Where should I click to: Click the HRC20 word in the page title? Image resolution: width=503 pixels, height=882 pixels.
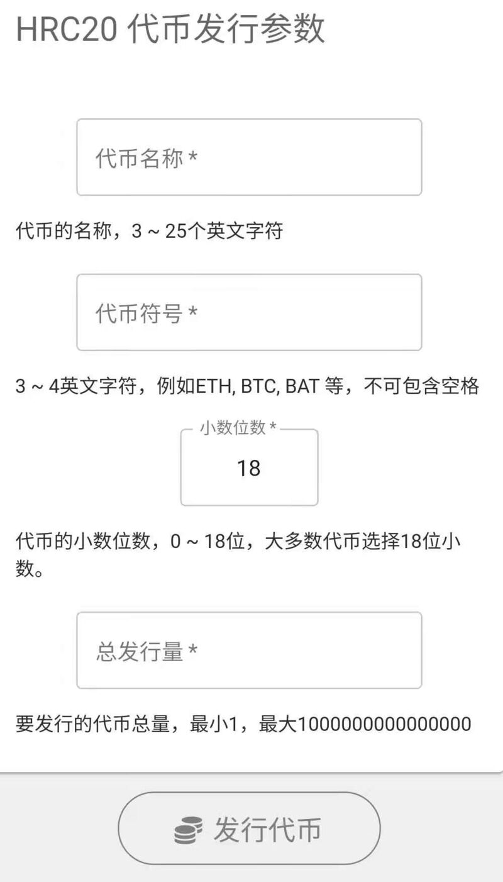[x=67, y=29]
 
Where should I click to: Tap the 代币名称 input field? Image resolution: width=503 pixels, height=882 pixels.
[x=249, y=157]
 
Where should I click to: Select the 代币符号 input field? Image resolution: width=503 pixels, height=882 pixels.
[x=249, y=312]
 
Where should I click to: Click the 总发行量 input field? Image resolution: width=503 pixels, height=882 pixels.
[x=249, y=650]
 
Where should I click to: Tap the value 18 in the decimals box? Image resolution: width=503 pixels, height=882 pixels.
[x=249, y=468]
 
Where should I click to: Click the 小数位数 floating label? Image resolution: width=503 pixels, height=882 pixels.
[x=233, y=427]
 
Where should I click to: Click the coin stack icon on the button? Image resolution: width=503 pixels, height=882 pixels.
[x=189, y=830]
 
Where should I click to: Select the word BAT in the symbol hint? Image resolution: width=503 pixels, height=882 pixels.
[x=302, y=386]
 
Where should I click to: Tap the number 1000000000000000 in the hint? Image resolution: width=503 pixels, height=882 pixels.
[x=385, y=723]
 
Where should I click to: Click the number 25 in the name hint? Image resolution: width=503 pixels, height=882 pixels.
[x=176, y=231]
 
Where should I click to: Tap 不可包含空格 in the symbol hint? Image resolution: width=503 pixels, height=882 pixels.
[x=421, y=386]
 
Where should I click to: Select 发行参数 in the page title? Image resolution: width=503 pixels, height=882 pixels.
[x=260, y=29]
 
